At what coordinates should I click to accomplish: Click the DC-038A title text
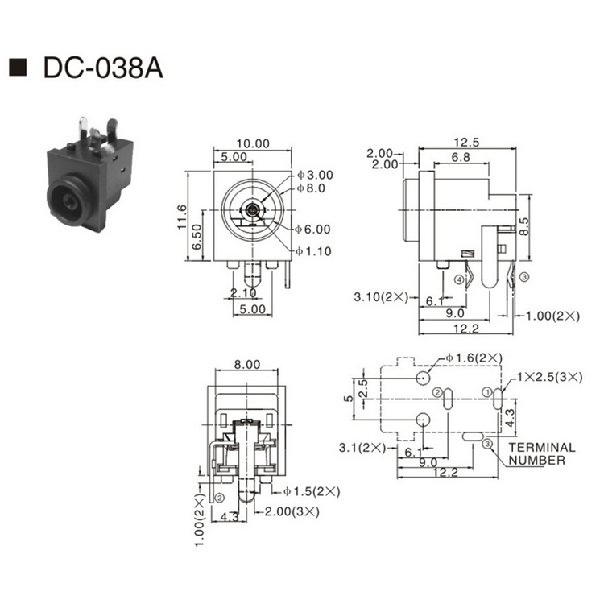(x=103, y=68)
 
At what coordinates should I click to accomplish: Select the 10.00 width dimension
(x=253, y=143)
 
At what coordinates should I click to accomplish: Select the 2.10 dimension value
(x=244, y=292)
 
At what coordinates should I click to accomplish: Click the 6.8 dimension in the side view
(x=461, y=158)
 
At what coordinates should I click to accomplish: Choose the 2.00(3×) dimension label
(x=293, y=511)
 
